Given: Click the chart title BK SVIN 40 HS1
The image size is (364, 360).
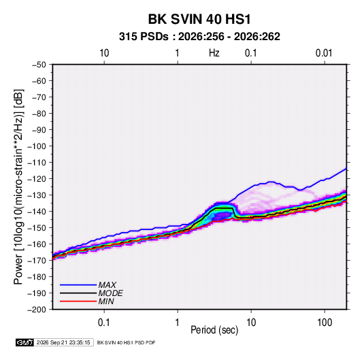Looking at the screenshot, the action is tap(199, 19).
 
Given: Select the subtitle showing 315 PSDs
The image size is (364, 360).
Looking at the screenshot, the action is tap(199, 37).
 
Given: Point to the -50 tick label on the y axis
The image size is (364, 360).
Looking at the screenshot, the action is tap(39, 65).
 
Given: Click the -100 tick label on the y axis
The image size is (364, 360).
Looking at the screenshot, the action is tap(37, 146).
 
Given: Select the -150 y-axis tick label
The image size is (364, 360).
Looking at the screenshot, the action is tap(37, 228).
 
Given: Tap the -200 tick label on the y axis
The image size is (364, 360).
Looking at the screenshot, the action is tap(37, 310).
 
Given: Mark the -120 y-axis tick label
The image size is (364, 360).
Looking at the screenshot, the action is tap(37, 179).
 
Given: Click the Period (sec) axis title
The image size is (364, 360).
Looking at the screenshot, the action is tap(214, 330).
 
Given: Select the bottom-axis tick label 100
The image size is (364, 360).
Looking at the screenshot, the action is tap(325, 323).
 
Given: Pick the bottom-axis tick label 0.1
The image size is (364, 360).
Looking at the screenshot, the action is tap(104, 323).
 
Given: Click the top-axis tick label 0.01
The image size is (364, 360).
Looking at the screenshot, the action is tap(324, 53).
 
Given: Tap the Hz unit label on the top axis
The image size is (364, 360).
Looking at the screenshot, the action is tap(214, 53).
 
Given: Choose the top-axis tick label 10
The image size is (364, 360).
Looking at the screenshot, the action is tap(104, 53).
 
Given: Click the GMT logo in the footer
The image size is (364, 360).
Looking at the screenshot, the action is tap(25, 342).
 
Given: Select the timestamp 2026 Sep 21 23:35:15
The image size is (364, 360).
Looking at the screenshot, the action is tap(63, 342).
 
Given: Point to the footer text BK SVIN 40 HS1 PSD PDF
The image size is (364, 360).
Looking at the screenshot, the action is tap(126, 342).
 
